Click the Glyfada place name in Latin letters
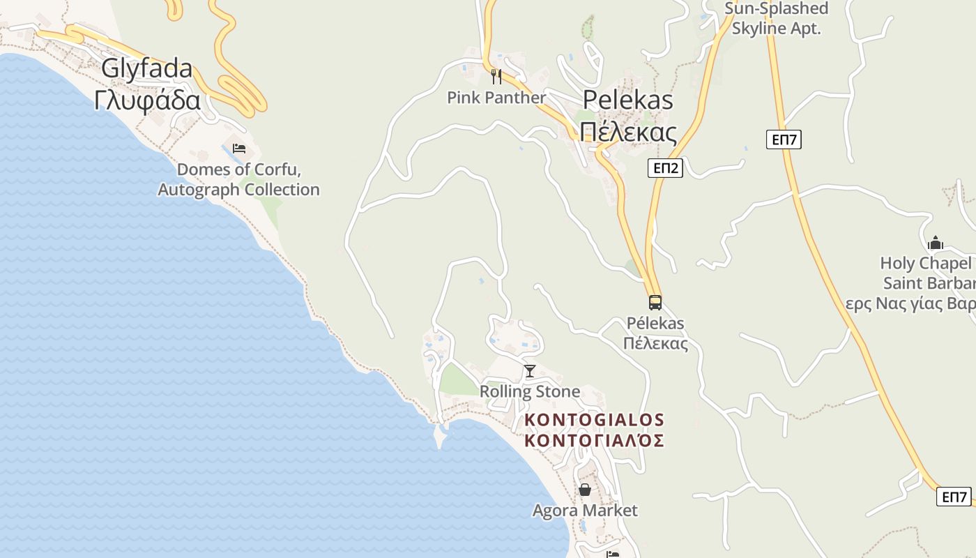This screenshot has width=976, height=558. (147, 69)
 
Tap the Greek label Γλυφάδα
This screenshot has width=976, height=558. (147, 100)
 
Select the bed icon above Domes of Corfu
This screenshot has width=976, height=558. (238, 149)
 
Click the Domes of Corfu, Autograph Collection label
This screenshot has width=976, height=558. (238, 179)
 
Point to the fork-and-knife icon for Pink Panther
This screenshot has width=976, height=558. (496, 76)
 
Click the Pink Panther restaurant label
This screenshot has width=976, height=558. (496, 98)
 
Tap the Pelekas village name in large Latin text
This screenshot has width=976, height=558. (627, 100)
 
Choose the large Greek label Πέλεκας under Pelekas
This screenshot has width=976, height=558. (627, 131)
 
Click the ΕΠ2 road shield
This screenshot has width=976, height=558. (664, 167)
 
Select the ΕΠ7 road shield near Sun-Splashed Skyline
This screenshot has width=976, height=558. (784, 139)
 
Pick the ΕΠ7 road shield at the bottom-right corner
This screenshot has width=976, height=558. (954, 497)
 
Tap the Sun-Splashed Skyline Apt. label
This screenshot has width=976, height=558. (777, 19)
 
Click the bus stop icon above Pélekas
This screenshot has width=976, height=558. (655, 303)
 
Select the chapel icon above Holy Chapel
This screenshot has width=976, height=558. (935, 243)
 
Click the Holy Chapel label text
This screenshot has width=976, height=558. (926, 264)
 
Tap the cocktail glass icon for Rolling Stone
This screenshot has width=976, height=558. (530, 370)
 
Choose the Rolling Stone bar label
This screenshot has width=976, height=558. (530, 391)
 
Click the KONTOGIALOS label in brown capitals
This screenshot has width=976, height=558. (594, 420)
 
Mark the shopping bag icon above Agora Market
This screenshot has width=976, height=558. (584, 490)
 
